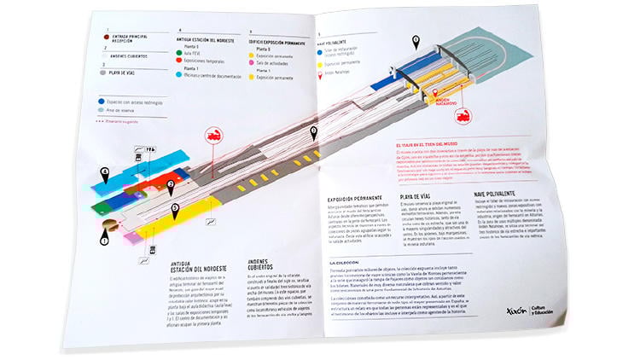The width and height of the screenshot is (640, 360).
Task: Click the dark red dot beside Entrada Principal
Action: point(106,36)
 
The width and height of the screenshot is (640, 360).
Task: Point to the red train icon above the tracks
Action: point(211,136)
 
